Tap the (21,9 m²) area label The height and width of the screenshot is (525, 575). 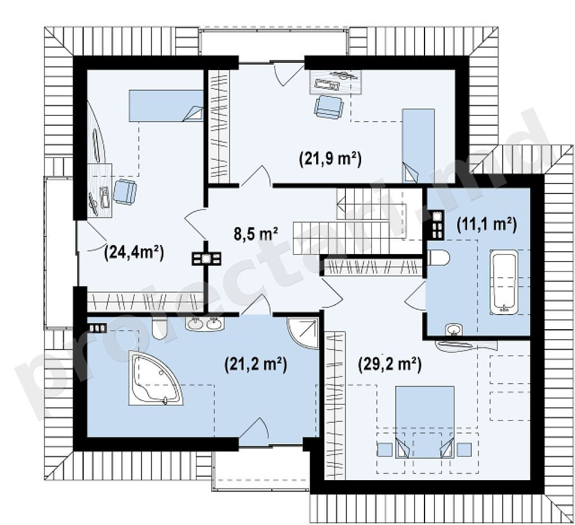(x=330, y=159)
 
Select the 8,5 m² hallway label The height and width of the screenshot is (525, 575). (x=255, y=234)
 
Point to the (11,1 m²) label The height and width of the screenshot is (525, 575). (x=487, y=224)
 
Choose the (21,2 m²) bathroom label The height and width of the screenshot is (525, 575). (x=255, y=365)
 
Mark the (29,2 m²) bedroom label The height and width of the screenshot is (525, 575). (x=390, y=364)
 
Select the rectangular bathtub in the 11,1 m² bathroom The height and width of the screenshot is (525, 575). (x=504, y=282)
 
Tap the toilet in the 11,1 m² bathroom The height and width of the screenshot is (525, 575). (x=439, y=257)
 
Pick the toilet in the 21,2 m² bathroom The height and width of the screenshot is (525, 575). (x=159, y=328)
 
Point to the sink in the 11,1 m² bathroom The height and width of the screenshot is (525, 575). (x=454, y=329)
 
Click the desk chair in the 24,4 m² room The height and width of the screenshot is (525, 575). (x=125, y=192)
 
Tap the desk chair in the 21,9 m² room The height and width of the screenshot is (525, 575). (x=329, y=107)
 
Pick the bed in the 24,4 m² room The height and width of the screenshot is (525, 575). (x=166, y=106)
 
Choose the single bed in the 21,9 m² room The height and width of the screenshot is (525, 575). (x=418, y=145)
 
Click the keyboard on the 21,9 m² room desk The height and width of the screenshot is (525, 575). (x=326, y=85)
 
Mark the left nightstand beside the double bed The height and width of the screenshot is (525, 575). (x=385, y=449)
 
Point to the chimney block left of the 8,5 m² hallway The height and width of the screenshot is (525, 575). (x=207, y=259)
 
